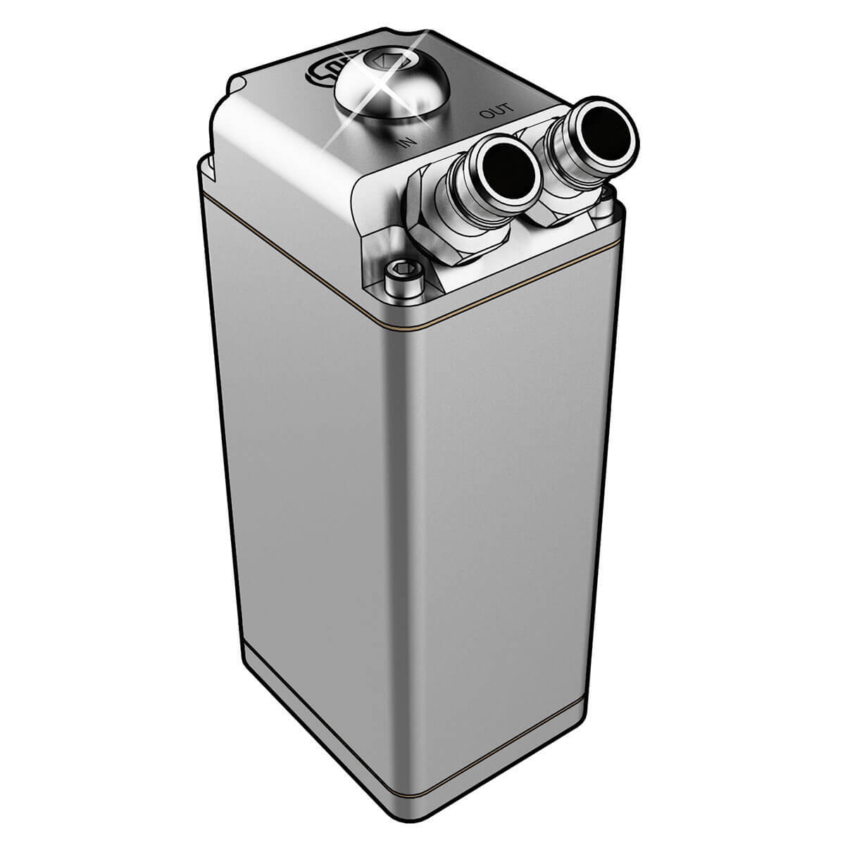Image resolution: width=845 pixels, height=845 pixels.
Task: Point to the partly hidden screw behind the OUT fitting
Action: (x=603, y=208)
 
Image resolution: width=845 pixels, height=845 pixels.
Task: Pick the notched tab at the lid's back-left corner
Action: (x=237, y=87)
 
